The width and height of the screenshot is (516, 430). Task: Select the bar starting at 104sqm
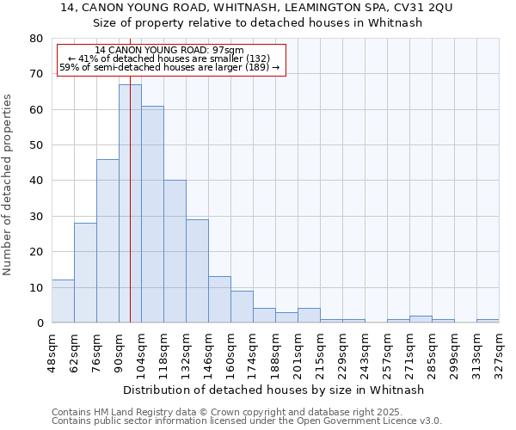coord(152,214)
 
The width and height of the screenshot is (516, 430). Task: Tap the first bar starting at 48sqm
coord(63,301)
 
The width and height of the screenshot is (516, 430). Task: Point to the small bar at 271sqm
coord(421,319)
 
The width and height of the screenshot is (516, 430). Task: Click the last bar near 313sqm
coord(488,321)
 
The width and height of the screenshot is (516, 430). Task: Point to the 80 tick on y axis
coord(35,39)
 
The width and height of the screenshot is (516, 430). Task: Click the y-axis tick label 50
coord(35,145)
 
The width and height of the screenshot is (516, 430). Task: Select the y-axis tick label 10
coord(35,287)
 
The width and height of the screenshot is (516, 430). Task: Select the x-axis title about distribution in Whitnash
coord(273,390)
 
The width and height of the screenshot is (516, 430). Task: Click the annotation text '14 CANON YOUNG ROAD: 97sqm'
coord(169,51)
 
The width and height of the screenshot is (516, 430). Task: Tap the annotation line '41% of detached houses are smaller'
coord(169,58)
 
